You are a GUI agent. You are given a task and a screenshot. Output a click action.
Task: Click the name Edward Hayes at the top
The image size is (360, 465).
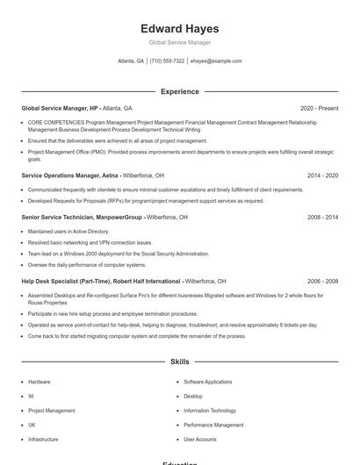(x=179, y=29)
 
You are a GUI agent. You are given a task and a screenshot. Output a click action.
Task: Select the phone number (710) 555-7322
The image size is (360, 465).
(x=167, y=61)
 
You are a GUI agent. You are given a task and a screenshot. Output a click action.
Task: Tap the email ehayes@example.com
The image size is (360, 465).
(x=215, y=61)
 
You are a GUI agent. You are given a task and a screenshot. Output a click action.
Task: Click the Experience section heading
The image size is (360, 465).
(x=179, y=91)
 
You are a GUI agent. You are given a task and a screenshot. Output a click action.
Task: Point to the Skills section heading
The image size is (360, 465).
(x=179, y=361)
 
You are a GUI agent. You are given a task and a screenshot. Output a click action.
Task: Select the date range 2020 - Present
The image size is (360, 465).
(x=319, y=108)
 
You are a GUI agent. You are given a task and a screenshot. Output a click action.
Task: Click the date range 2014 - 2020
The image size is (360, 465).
(x=322, y=175)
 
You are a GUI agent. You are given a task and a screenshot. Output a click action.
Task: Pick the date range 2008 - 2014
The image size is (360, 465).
(x=322, y=217)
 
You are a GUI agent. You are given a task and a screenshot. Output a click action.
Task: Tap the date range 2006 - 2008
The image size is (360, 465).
(x=322, y=282)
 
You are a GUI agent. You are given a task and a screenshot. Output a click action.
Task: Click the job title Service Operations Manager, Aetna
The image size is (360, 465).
(x=70, y=175)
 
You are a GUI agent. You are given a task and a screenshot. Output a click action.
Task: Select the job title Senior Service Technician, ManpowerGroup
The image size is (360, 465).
(x=82, y=217)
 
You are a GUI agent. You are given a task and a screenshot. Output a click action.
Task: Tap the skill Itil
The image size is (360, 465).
(x=32, y=397)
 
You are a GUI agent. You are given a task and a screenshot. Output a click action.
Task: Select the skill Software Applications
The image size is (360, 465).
(x=208, y=383)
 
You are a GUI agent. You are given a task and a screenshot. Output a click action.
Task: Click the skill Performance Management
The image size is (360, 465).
(x=213, y=425)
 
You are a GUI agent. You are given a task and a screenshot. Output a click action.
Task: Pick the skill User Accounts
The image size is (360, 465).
(x=200, y=439)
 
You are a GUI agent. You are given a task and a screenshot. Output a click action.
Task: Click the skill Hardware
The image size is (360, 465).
(x=40, y=383)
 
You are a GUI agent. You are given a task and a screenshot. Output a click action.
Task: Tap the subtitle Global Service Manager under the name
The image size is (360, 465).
(x=179, y=42)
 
